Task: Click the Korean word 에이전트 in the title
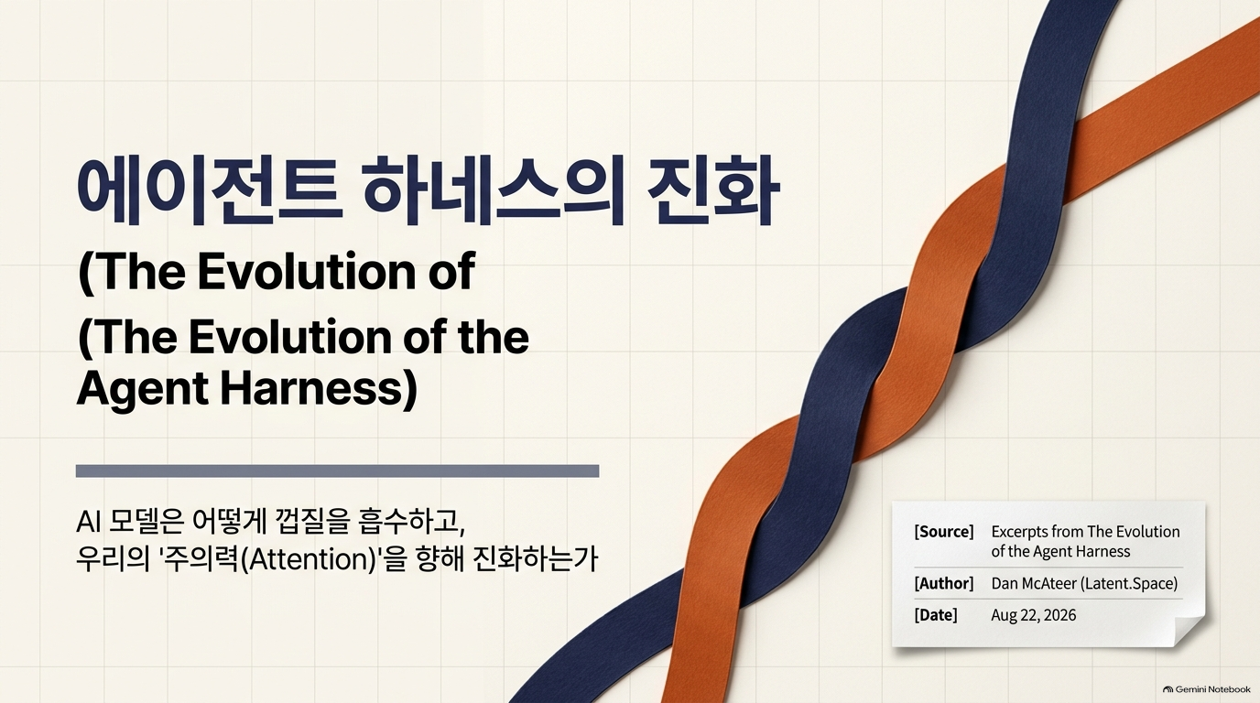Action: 210,191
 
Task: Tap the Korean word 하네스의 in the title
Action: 493,191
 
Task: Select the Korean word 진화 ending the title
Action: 712,191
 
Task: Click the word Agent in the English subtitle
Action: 142,389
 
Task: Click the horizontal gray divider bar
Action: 338,470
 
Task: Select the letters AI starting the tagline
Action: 88,522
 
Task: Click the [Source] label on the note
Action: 944,532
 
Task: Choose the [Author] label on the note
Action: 944,583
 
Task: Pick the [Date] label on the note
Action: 936,615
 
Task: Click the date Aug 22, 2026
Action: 1033,615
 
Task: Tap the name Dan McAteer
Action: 1033,583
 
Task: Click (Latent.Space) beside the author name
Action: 1129,583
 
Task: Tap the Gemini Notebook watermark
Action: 1207,689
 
